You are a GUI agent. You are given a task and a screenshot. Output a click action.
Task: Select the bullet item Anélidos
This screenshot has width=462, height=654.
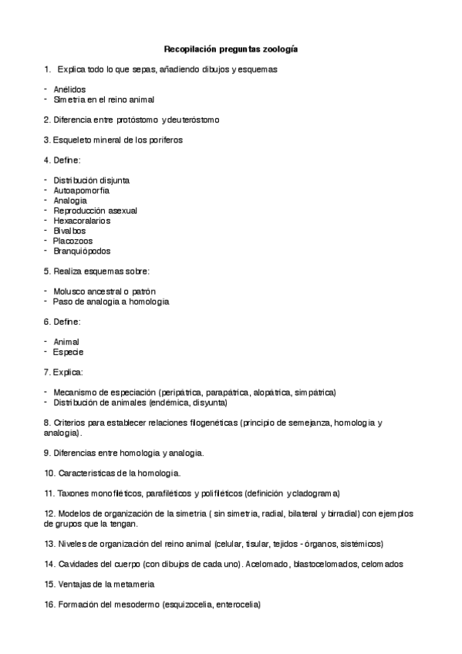(69, 89)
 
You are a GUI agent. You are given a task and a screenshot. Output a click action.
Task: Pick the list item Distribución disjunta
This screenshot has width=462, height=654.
(91, 180)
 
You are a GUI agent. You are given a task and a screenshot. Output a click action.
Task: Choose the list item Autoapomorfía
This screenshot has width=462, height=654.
(81, 190)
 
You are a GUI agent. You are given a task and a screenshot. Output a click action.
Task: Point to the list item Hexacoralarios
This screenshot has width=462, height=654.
(82, 221)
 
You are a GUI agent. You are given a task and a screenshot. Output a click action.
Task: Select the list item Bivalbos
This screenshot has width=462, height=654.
(69, 231)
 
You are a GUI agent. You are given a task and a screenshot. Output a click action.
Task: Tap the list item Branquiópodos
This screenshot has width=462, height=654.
(82, 251)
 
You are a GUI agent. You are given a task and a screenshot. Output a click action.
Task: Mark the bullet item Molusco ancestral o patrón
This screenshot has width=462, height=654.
(104, 292)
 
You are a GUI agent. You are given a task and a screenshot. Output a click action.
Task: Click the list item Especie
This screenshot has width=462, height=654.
(68, 352)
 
